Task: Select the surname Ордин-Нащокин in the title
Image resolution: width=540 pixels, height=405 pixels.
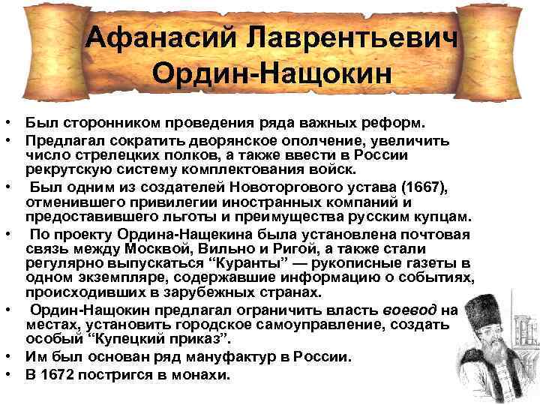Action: pos(271,73)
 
